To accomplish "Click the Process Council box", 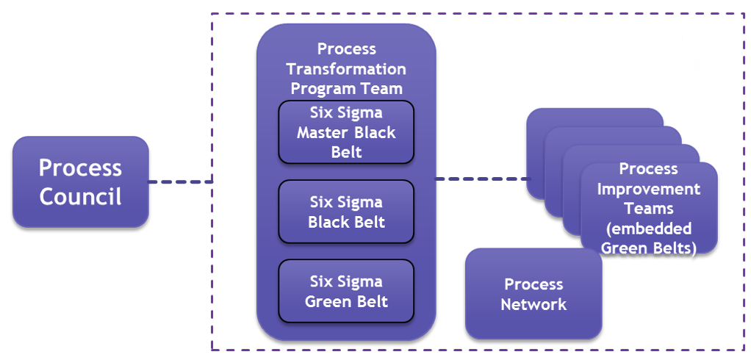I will tap(81, 181).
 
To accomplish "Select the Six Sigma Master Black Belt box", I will tap(346, 132).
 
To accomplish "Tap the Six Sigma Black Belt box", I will tap(346, 212).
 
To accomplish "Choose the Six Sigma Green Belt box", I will tap(346, 291).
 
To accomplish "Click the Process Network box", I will tap(533, 294).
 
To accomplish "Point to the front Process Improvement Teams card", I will tap(648, 209).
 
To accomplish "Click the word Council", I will tap(81, 197).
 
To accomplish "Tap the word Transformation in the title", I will tap(346, 69).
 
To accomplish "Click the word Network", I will tap(533, 304).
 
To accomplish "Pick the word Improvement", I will tap(648, 189).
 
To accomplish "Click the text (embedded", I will tap(648, 228).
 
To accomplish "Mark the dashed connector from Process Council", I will tap(180, 181).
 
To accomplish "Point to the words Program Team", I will tap(346, 89).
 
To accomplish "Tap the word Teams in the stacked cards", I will tap(648, 209).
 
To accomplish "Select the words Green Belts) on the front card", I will tap(648, 248).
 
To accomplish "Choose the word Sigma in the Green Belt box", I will tap(364, 281).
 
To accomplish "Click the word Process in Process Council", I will tap(81, 168).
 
